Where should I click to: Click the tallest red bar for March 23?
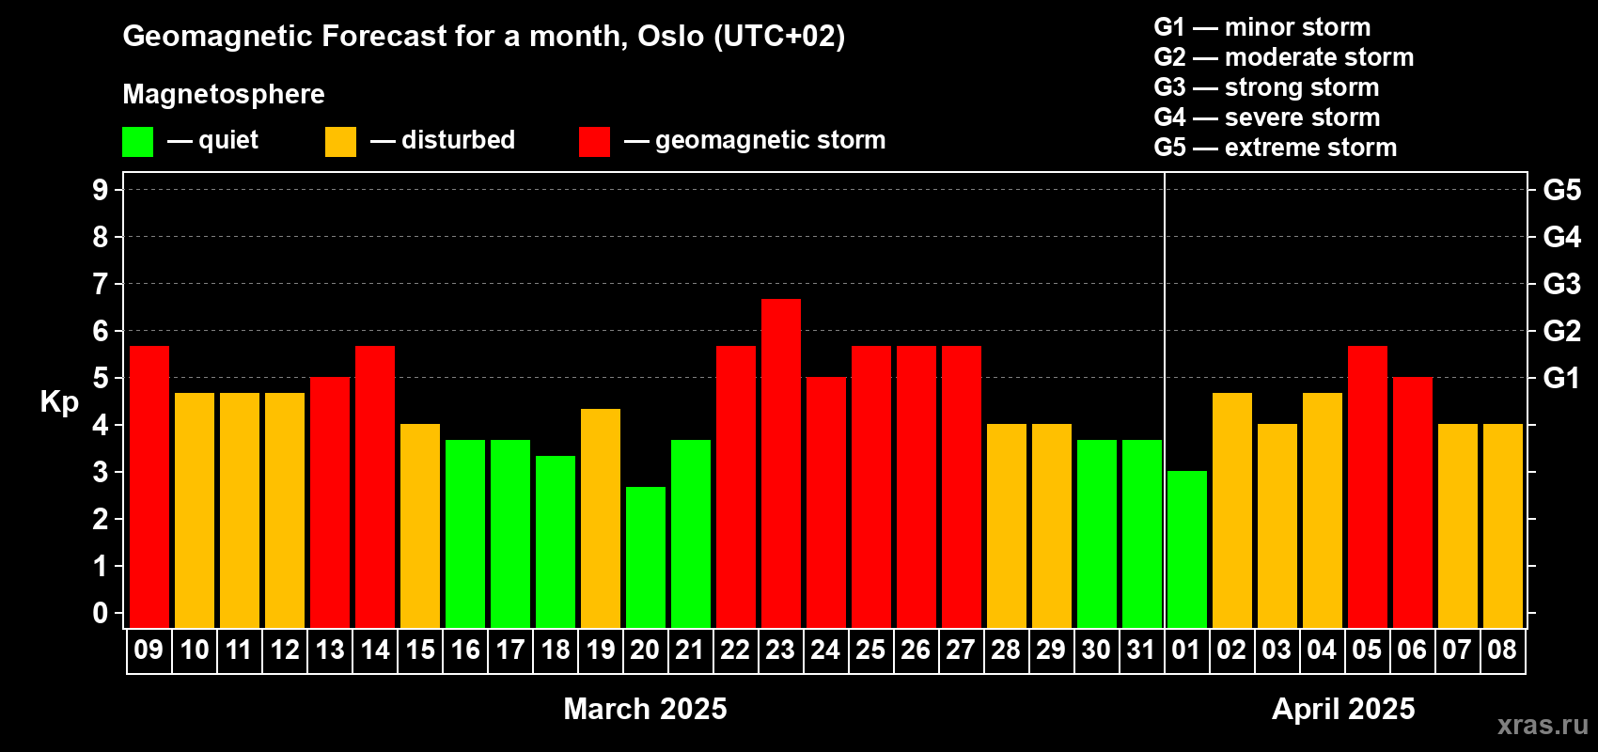[780, 463]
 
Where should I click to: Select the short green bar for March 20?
[646, 557]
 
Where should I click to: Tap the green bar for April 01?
[1187, 549]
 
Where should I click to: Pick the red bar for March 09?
[149, 487]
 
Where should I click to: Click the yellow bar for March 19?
[601, 518]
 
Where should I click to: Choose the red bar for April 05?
[1368, 487]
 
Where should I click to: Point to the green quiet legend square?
[137, 141]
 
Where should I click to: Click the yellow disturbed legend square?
[340, 141]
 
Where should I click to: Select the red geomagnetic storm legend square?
[594, 141]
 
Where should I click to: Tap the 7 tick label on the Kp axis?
[100, 284]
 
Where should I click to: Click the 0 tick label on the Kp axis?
[100, 613]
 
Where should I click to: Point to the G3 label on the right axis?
[1561, 284]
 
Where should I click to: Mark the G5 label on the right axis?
[1561, 190]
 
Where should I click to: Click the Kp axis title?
[59, 401]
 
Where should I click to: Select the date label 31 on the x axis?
[1141, 650]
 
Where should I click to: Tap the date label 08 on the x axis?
[1502, 650]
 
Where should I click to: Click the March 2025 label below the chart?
[645, 709]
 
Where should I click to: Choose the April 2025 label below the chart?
[1343, 709]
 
